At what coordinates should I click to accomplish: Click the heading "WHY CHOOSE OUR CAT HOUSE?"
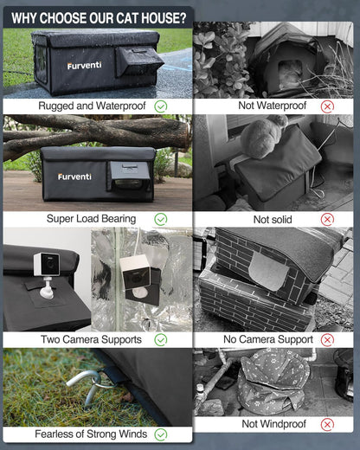tap(98, 16)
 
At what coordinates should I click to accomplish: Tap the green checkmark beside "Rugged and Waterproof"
tap(161, 106)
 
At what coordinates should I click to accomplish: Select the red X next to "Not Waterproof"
tap(327, 106)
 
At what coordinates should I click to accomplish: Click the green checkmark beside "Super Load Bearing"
tap(161, 219)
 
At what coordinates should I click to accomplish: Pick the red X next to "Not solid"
tap(327, 219)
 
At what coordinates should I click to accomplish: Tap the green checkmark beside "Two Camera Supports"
tap(161, 339)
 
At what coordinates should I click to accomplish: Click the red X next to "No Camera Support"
tap(327, 339)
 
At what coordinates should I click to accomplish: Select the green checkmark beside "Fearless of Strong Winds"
tap(161, 434)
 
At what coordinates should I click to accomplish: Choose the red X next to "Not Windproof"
tap(327, 424)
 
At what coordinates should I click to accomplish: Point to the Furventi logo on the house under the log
tap(74, 177)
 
